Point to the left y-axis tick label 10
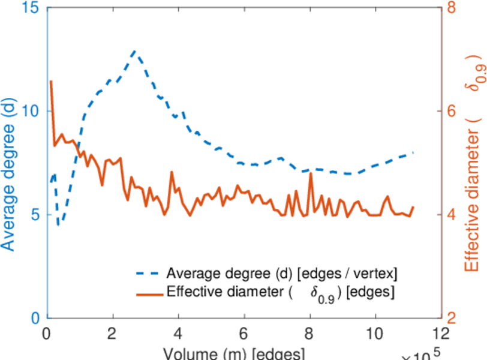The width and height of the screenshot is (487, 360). click(32, 112)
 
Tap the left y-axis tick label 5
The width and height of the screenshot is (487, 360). click(35, 215)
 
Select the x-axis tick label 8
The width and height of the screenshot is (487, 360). click(309, 334)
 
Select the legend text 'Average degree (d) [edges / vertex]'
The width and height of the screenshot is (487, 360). click(282, 274)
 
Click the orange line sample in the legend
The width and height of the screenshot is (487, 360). click(148, 294)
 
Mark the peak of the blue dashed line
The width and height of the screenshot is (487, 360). click(135, 52)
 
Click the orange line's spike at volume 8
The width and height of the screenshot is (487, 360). click(311, 173)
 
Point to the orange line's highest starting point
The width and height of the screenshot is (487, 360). click(51, 81)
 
